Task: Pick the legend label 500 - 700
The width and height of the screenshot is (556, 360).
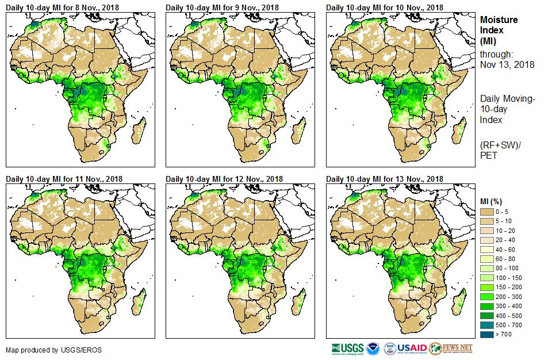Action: coord(509,325)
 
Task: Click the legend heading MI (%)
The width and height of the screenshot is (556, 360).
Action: coord(492,201)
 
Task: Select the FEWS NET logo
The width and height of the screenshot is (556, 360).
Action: coord(451,348)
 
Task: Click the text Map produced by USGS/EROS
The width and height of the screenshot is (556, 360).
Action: coord(40,350)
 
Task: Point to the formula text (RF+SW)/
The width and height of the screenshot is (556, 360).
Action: coord(499,145)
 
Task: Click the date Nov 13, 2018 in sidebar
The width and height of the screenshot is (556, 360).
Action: coord(507,64)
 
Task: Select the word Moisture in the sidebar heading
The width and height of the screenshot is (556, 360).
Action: coord(499,20)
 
